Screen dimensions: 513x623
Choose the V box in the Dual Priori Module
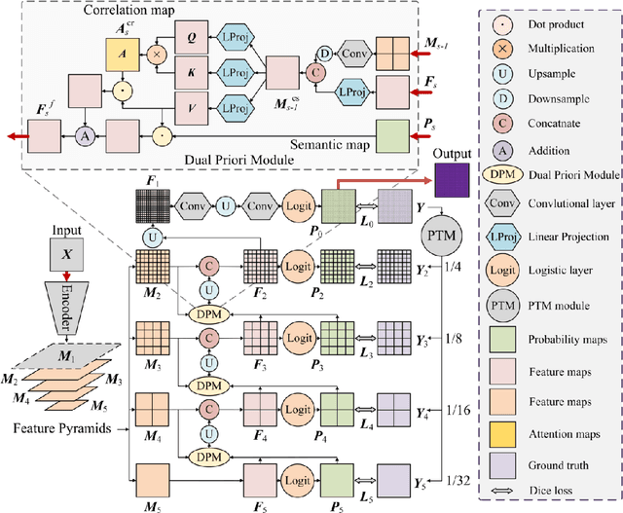click(x=192, y=104)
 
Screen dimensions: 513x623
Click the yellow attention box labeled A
click(x=135, y=55)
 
